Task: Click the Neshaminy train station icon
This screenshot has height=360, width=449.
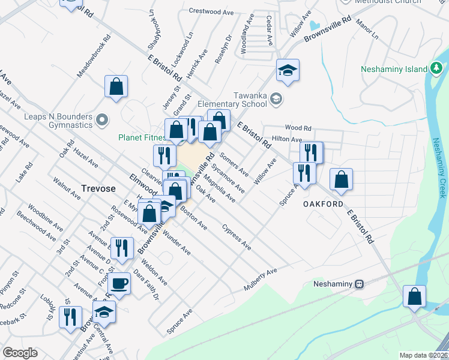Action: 360,284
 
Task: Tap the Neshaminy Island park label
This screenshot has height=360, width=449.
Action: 394,69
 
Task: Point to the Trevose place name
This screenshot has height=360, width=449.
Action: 98,188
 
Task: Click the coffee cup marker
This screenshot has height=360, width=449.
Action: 120,283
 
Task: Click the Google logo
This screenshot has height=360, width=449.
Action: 19,353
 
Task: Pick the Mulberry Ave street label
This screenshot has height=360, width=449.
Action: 260,280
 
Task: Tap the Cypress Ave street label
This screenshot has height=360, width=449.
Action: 236,237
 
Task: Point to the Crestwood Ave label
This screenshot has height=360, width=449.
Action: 211,11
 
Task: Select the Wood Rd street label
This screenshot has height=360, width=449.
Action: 298,128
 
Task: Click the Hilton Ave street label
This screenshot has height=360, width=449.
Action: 287,139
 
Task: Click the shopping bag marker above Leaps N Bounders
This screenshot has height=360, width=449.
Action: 116,86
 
